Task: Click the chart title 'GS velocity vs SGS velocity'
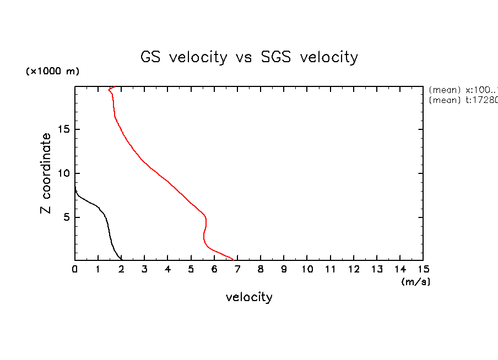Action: click(249, 57)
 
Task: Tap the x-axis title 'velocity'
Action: click(249, 297)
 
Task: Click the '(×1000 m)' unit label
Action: click(52, 72)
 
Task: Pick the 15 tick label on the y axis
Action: click(64, 129)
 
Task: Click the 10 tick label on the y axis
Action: click(64, 173)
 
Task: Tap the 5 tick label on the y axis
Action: click(67, 217)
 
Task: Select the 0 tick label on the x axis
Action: click(75, 269)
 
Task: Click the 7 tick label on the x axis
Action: click(237, 269)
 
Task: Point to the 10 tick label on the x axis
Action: click(307, 269)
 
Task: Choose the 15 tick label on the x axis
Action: click(423, 269)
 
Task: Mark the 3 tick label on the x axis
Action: click(145, 269)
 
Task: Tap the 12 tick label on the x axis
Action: click(354, 269)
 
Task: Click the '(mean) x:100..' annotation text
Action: click(463, 90)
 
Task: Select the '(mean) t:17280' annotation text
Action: click(463, 100)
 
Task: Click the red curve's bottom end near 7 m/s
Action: click(234, 259)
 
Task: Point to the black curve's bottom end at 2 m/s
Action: click(122, 259)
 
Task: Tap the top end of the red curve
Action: click(113, 87)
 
